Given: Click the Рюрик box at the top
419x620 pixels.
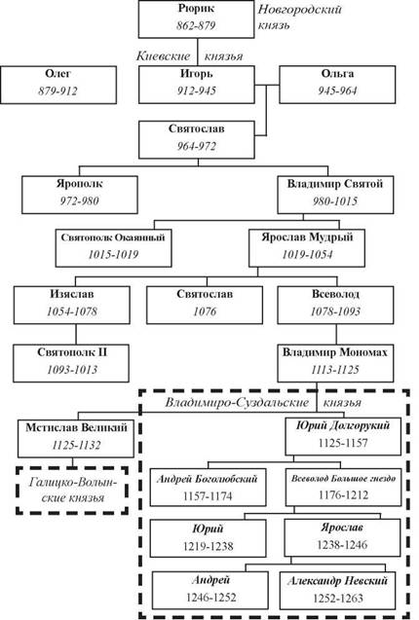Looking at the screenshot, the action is [x=197, y=19].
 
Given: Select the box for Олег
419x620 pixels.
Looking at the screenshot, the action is [x=58, y=85].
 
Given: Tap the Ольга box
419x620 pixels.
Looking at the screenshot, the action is [x=337, y=85].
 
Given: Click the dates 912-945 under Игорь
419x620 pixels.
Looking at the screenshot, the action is [x=197, y=91].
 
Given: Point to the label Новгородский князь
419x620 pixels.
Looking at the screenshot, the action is [x=299, y=17].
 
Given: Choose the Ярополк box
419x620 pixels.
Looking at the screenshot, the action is [x=80, y=195].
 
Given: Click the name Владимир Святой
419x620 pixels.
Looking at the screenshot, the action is [x=335, y=184].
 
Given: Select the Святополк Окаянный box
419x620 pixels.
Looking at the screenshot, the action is [x=114, y=248].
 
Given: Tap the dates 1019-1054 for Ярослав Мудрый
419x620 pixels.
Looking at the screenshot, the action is [x=307, y=255].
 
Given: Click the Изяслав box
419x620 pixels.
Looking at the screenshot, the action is [x=72, y=306].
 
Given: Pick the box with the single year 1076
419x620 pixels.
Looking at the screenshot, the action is [x=205, y=306].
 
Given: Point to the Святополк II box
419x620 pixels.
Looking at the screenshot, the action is [x=71, y=363].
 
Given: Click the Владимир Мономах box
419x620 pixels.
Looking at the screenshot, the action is [x=335, y=363].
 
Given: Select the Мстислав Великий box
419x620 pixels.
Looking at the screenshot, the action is [x=76, y=439].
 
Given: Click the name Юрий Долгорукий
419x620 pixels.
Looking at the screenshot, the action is [x=343, y=426].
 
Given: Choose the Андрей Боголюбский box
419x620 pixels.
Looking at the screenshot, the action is [x=208, y=488].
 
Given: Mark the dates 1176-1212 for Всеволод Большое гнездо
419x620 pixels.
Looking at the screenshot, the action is [x=343, y=495].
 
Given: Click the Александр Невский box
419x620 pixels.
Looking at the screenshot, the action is [x=337, y=591].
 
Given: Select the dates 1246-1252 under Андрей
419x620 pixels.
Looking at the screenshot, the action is [x=211, y=598].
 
